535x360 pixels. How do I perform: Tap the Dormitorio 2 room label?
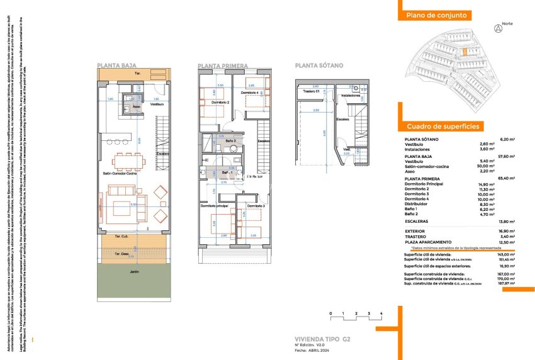(220, 102)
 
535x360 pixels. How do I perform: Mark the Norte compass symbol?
(498, 28)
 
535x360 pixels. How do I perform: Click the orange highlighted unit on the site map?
(465, 53)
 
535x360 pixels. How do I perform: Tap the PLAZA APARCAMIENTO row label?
(428, 242)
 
